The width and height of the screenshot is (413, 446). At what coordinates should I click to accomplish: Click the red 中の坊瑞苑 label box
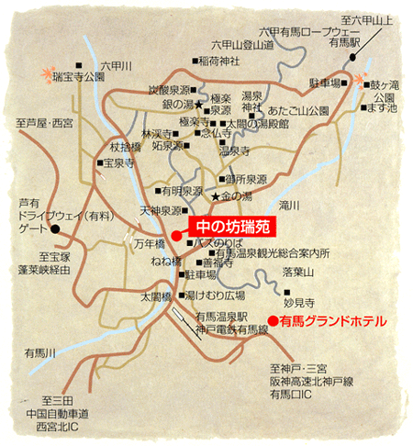(x=232, y=223)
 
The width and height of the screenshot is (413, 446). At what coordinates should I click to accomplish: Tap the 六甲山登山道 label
(x=241, y=43)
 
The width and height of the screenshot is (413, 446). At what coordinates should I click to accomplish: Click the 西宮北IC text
(x=58, y=427)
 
